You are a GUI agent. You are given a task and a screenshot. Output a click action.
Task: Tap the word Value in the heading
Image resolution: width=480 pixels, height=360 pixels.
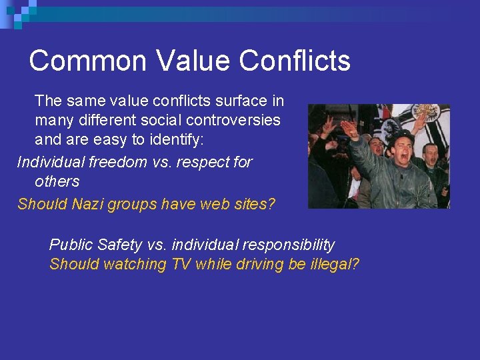(194, 61)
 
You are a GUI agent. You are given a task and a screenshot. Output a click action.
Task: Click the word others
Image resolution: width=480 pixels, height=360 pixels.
(57, 181)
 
